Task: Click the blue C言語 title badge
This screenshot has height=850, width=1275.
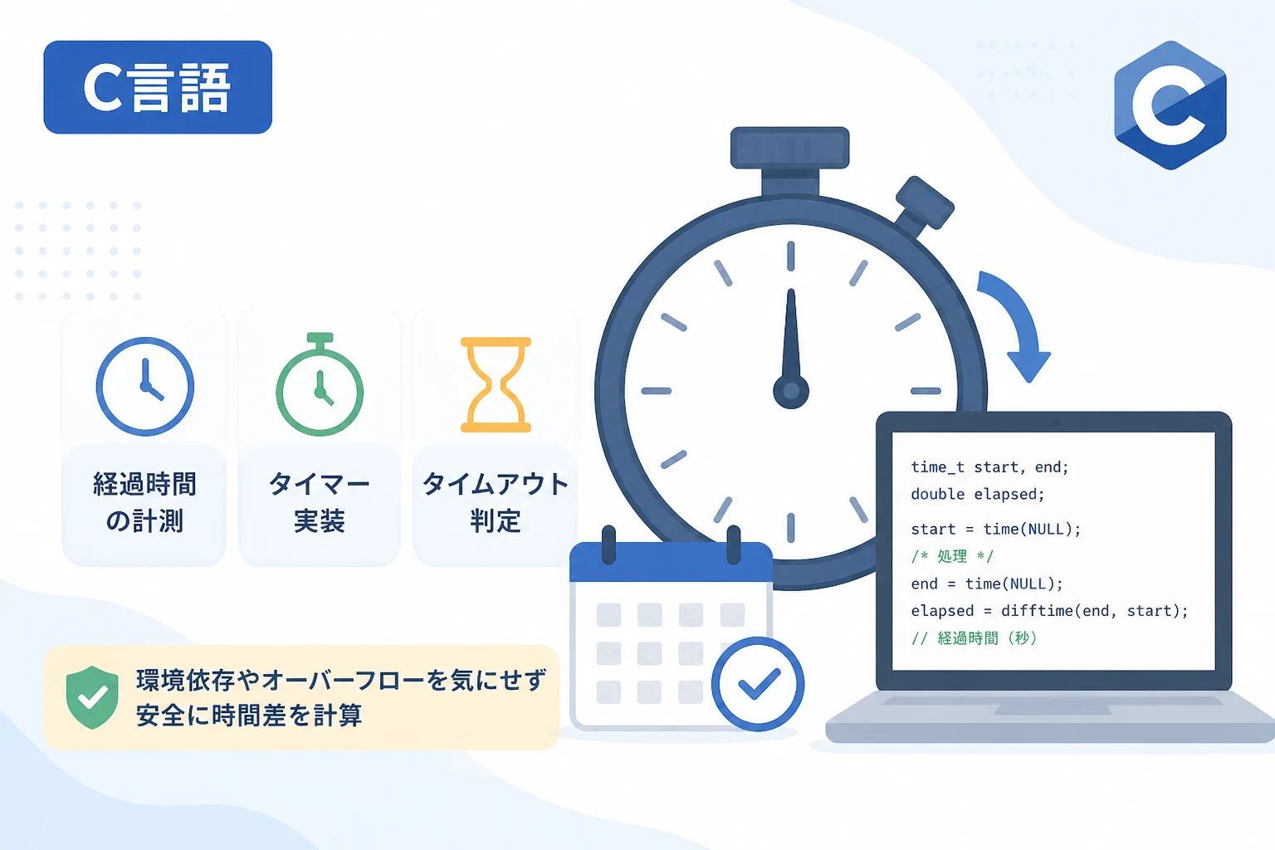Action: pyautogui.click(x=158, y=87)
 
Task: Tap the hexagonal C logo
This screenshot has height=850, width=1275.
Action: pyautogui.click(x=1170, y=105)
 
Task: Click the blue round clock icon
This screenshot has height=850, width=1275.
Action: pyautogui.click(x=145, y=387)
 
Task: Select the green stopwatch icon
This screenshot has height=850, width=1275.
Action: pyautogui.click(x=320, y=385)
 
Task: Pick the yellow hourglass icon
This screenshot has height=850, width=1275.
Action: pyautogui.click(x=496, y=385)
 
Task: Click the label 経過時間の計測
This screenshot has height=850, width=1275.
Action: pyautogui.click(x=144, y=502)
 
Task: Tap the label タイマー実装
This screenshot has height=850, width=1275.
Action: pyautogui.click(x=320, y=502)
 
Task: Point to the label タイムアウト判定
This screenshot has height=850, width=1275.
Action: pyautogui.click(x=496, y=502)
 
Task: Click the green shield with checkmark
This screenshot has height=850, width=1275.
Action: pyautogui.click(x=91, y=697)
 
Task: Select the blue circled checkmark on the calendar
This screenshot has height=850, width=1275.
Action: pyautogui.click(x=758, y=684)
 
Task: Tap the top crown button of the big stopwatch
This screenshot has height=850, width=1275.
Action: pyautogui.click(x=790, y=148)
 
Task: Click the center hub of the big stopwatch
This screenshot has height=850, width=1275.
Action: pyautogui.click(x=790, y=391)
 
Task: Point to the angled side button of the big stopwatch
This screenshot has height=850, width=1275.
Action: pyautogui.click(x=924, y=203)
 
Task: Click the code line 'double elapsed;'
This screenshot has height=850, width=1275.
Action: pyautogui.click(x=977, y=494)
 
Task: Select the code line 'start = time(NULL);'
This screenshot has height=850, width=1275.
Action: pyautogui.click(x=995, y=529)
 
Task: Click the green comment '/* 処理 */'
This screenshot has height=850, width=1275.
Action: pyautogui.click(x=952, y=556)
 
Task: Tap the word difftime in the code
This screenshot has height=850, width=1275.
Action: pyautogui.click(x=1037, y=611)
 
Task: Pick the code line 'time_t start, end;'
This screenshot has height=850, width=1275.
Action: pyautogui.click(x=989, y=467)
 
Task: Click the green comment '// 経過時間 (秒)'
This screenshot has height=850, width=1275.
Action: pyautogui.click(x=975, y=638)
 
